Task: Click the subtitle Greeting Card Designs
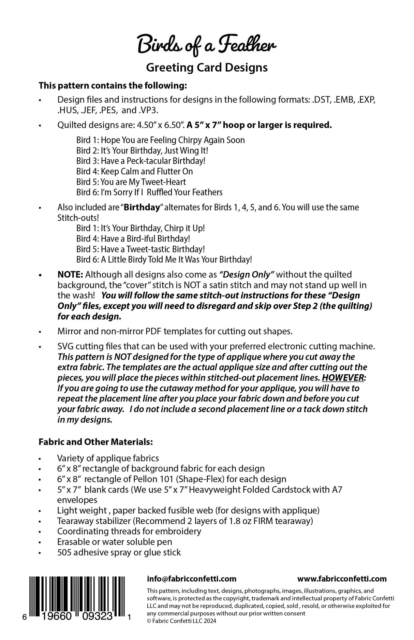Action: [x=207, y=68]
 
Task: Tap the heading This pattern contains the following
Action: [x=113, y=85]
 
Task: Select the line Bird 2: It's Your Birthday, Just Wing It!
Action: [x=142, y=150]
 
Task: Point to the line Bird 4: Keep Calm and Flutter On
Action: [x=134, y=171]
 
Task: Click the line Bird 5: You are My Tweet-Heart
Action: [x=131, y=182]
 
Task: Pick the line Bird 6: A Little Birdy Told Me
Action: [x=164, y=259]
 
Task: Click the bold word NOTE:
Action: [x=70, y=274]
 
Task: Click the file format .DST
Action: [x=321, y=100]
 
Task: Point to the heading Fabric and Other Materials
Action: [x=95, y=442]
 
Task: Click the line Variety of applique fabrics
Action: [x=108, y=458]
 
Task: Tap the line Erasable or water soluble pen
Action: [x=115, y=542]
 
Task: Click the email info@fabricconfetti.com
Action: [x=192, y=579]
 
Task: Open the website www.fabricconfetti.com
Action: [x=342, y=579]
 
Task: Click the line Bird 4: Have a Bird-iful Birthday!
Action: [x=133, y=238]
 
